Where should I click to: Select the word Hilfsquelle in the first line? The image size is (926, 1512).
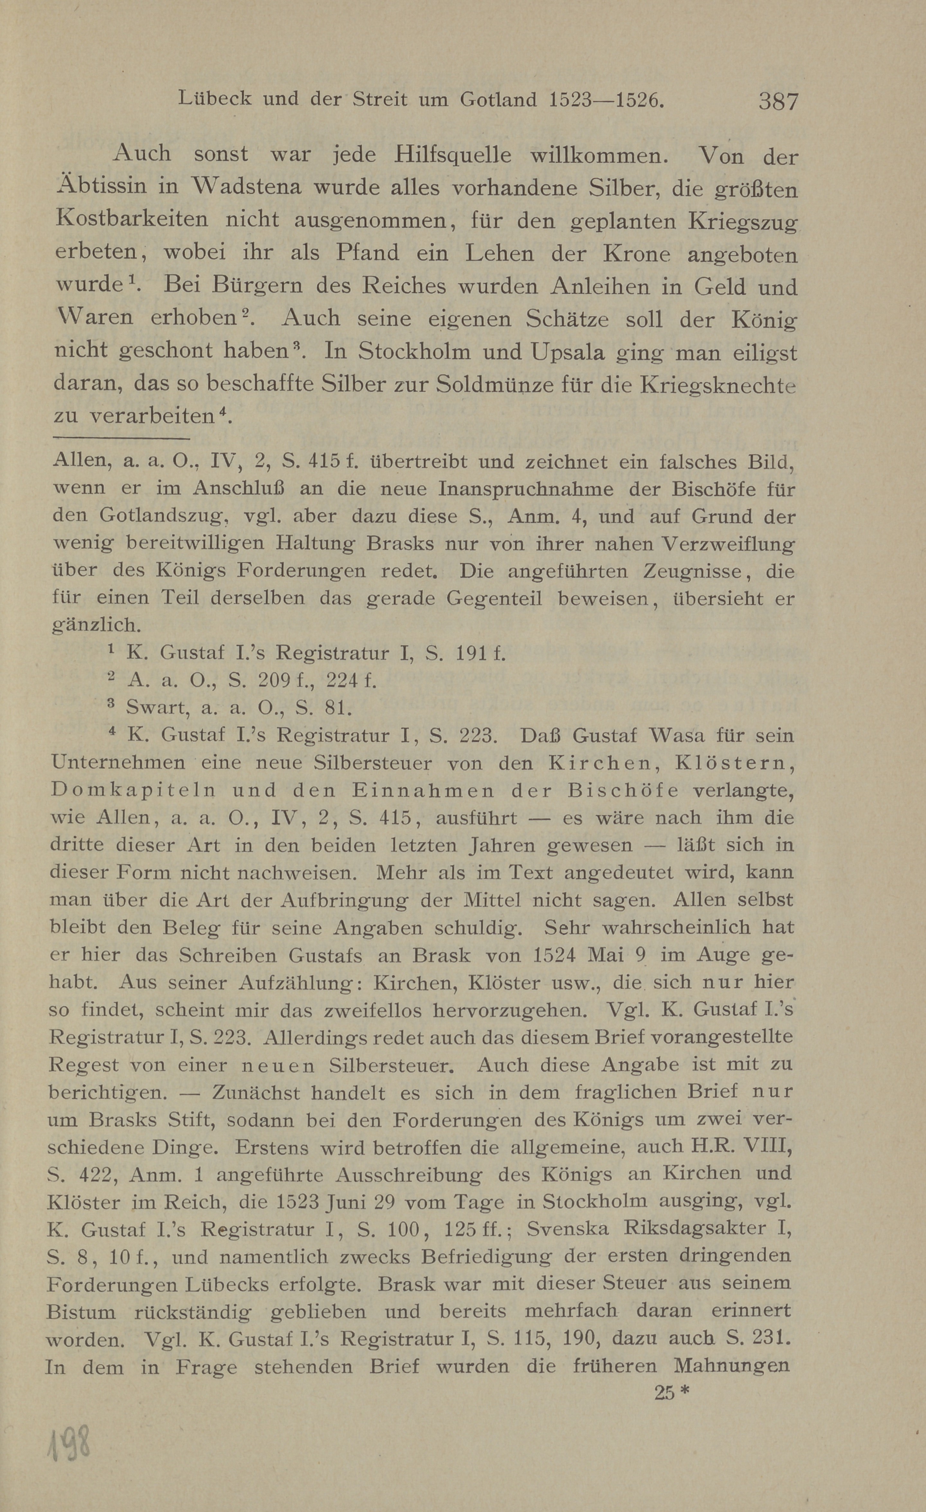point(453,155)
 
